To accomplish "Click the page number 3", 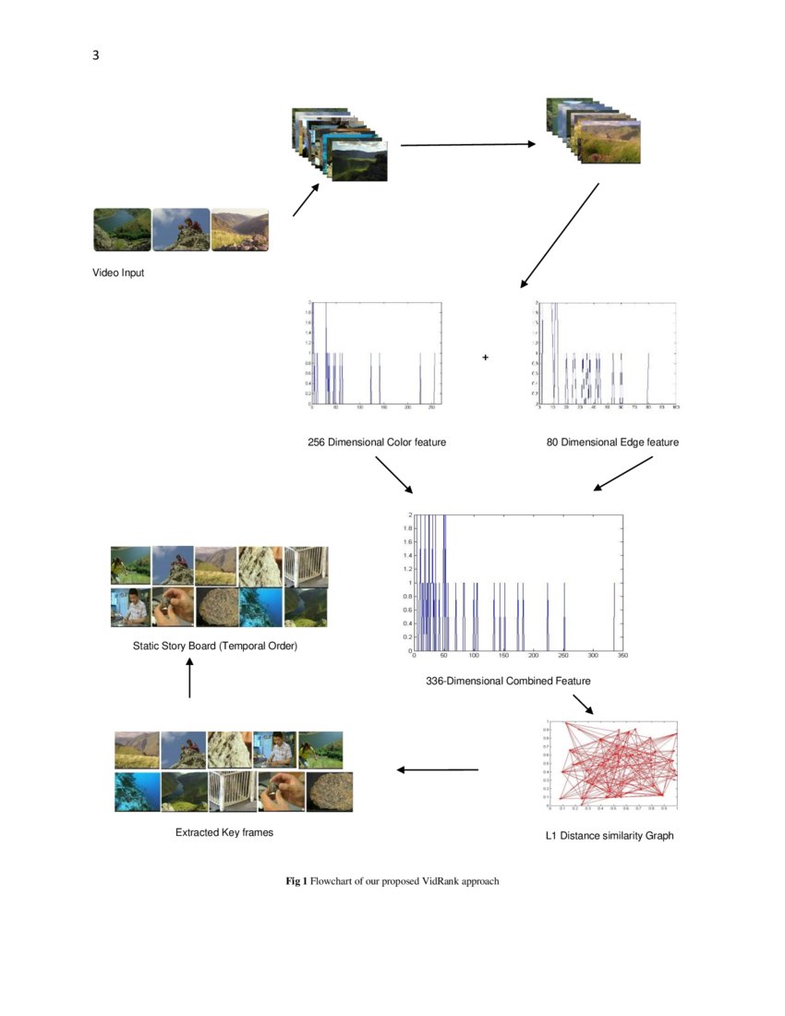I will [x=96, y=55].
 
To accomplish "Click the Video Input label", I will [x=118, y=272].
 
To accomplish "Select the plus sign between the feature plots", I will [x=485, y=357].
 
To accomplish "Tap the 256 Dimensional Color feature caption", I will [x=377, y=442].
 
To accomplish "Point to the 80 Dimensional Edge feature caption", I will [x=612, y=442].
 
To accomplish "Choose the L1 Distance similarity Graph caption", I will [x=610, y=836].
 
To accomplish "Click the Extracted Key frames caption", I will [x=224, y=832].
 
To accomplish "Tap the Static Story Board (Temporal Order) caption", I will [x=216, y=646].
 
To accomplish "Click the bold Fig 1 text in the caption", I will [x=296, y=881].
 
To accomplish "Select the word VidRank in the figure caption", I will [x=441, y=881].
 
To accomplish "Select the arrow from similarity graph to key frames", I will [x=437, y=769].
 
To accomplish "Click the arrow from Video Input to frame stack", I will [x=306, y=200].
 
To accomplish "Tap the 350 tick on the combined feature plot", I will [x=622, y=656].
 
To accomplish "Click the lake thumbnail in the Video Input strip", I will [x=122, y=230].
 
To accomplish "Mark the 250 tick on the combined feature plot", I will [x=563, y=656].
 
